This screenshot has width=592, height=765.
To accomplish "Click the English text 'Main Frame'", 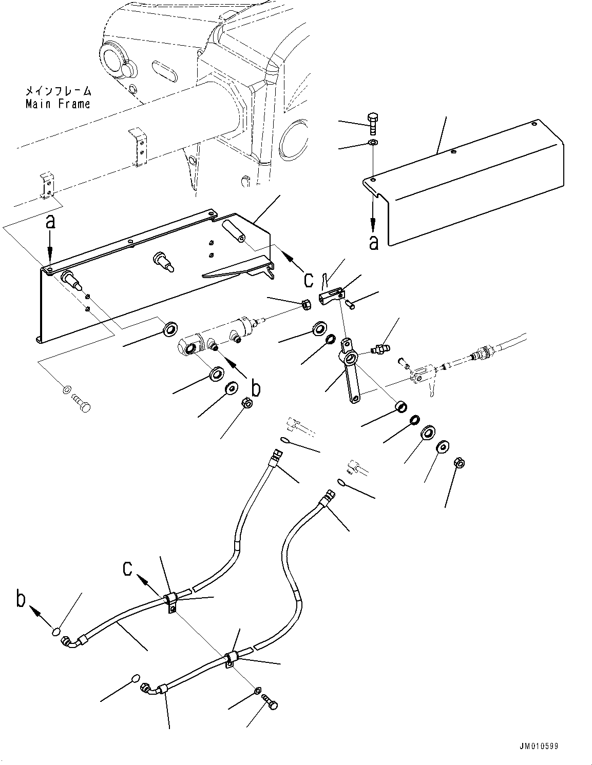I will (58, 104).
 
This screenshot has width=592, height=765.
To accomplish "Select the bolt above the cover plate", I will (373, 123).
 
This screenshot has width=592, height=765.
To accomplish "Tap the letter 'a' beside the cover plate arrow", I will (374, 242).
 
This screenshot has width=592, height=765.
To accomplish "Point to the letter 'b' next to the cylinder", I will (255, 388).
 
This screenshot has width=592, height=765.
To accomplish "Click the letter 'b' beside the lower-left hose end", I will (21, 599).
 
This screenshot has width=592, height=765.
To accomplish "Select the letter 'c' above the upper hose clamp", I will (128, 568).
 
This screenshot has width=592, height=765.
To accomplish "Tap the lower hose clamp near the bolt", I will (231, 659).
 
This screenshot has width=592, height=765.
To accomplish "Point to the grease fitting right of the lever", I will (380, 349).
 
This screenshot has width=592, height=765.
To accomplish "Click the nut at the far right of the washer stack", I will (460, 463).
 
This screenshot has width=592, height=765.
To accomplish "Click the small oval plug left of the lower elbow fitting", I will (135, 678).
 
